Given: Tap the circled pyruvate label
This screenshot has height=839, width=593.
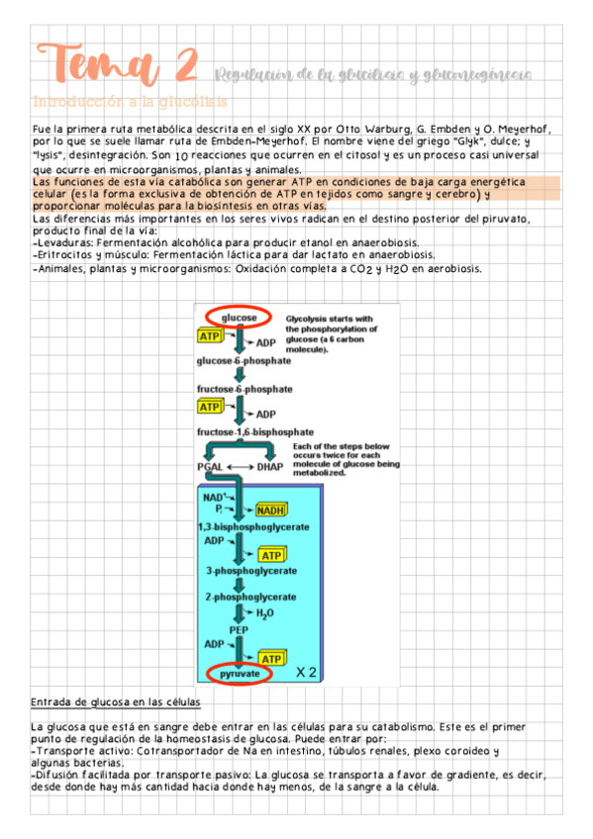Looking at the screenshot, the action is point(240,673).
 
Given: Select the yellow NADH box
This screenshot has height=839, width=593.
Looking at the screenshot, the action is point(270,511).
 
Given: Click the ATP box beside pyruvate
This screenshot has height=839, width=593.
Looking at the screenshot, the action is point(269,658).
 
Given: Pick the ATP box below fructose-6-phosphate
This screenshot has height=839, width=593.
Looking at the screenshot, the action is point(210,407).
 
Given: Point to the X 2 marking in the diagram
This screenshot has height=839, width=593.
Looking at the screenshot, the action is point(306,672).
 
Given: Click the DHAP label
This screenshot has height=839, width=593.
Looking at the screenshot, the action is point(269,466).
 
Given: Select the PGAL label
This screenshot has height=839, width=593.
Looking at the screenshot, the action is point(210,466).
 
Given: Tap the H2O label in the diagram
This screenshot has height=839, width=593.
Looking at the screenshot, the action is point(264,613).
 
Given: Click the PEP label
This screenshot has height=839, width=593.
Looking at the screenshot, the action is point(239,628).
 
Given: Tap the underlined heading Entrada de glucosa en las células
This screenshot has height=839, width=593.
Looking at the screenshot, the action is point(116,703).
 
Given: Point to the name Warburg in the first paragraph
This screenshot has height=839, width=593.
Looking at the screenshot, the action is point(367,130).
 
